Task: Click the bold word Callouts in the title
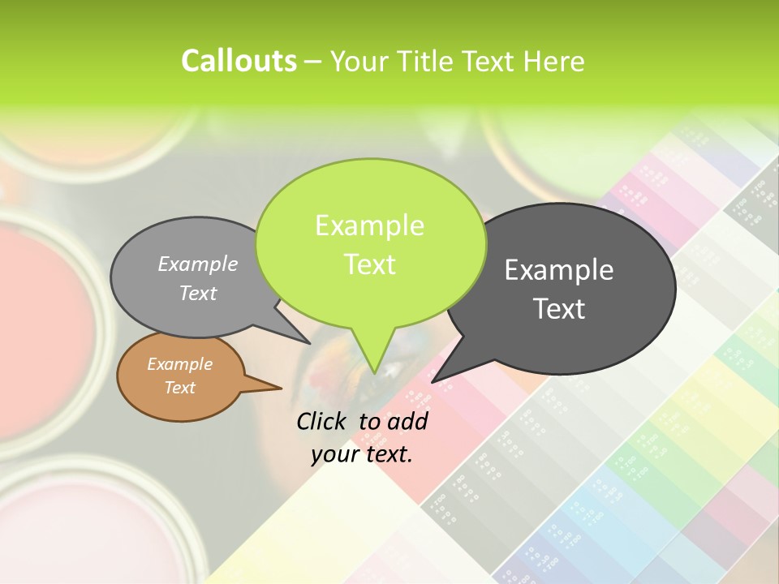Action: (x=239, y=61)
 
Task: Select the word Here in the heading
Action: (x=553, y=62)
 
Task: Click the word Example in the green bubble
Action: (x=369, y=225)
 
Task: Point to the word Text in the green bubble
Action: (x=369, y=264)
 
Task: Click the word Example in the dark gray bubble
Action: (x=559, y=270)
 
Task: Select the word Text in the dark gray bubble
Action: (x=559, y=309)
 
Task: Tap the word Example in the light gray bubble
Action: (x=198, y=264)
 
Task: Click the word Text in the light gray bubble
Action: (x=198, y=293)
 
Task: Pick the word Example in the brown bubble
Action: (x=179, y=364)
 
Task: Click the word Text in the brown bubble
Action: (x=179, y=388)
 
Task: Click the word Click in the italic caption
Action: (x=323, y=421)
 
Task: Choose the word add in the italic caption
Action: (x=407, y=421)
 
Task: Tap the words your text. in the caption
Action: (x=362, y=454)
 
